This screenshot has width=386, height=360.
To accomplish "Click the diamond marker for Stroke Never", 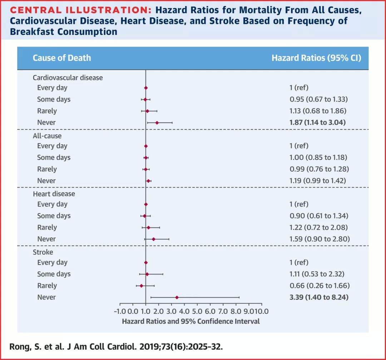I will pos(177,297).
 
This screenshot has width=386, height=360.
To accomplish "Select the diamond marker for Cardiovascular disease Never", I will pos(157,122).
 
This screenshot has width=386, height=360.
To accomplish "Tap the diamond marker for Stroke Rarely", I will pos(141,286).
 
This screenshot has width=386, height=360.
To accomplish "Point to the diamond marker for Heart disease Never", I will pos(153,239).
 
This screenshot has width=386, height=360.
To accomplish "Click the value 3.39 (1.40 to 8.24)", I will pos(319,297).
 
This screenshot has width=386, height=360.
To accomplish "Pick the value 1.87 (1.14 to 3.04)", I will pos(318,122).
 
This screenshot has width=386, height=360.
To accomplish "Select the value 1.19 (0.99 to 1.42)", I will pos(318,181).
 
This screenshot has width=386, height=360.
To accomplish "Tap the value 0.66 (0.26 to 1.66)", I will pos(319,286).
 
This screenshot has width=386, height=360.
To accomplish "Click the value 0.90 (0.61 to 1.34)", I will pos(319,216).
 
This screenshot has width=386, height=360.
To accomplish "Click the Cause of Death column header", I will pos(62,58).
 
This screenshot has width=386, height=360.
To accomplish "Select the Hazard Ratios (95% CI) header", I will pos(316,58).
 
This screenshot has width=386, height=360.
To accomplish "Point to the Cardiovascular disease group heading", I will pos(68,77).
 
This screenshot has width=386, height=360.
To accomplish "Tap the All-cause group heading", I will pos(47,136).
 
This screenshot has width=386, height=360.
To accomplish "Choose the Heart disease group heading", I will pos(54,194).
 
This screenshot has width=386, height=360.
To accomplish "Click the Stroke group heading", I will pos(43,252).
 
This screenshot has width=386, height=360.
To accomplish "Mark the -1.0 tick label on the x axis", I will pos(120,311).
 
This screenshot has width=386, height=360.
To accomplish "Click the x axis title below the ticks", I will pos(191,321).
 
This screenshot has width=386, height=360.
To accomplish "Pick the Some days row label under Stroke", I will pos(54,274).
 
